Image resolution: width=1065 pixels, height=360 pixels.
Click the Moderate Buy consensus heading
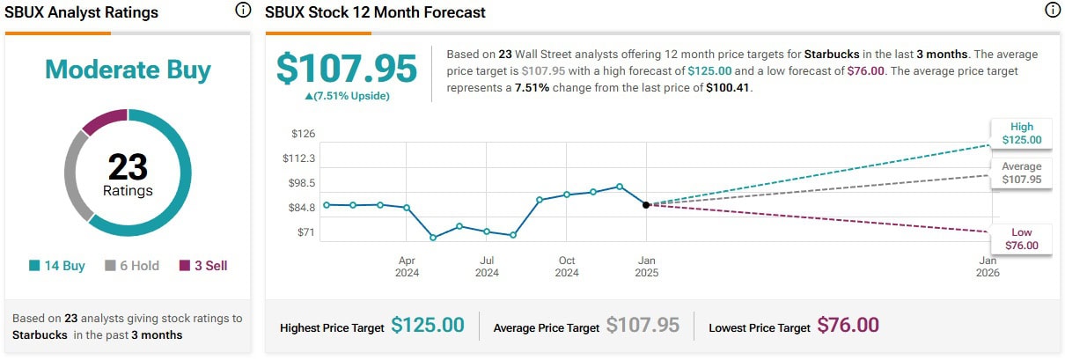coord(128,70)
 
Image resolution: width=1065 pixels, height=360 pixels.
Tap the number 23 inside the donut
coord(128,166)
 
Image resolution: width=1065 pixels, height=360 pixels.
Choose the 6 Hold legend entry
coord(132,266)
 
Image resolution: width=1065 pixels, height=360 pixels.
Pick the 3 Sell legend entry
coord(203,266)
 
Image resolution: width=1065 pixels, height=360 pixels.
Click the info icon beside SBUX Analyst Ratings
coord(243,11)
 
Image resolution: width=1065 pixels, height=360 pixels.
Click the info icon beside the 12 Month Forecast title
coord(1051,11)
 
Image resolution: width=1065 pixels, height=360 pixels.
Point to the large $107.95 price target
coord(346,69)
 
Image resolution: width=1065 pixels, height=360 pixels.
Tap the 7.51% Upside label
coord(346,96)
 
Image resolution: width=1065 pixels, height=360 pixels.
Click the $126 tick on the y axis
coord(303,134)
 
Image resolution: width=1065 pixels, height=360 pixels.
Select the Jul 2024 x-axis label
coord(487,267)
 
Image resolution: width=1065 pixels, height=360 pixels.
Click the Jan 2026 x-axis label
coord(988,267)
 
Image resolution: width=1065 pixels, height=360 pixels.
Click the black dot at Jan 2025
coord(646,204)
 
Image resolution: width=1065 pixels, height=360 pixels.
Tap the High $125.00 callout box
coord(1021,133)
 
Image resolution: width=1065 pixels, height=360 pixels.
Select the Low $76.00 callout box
coord(1021,239)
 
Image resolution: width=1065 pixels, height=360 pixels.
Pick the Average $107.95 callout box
coord(1021,173)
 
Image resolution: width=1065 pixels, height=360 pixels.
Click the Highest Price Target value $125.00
coord(427,326)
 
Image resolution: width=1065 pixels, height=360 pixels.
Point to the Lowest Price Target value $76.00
coord(848,326)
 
